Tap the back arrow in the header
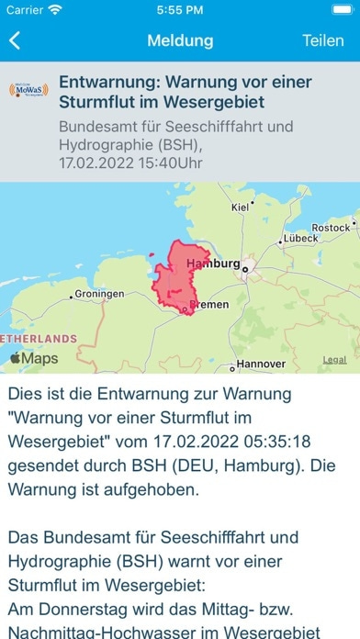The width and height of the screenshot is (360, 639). [x=16, y=41]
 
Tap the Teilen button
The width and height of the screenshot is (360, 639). [x=322, y=41]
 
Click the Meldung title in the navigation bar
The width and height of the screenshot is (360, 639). [x=180, y=41]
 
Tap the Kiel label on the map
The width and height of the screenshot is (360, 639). [x=241, y=207]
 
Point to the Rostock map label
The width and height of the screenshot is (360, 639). [x=331, y=227]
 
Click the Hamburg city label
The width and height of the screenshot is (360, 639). [x=212, y=263]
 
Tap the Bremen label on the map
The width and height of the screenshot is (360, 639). [x=208, y=305]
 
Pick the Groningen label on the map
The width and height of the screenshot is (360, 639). [x=99, y=294]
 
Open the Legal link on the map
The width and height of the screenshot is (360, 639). [x=334, y=360]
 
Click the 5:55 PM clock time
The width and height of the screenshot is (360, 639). [x=180, y=10]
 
